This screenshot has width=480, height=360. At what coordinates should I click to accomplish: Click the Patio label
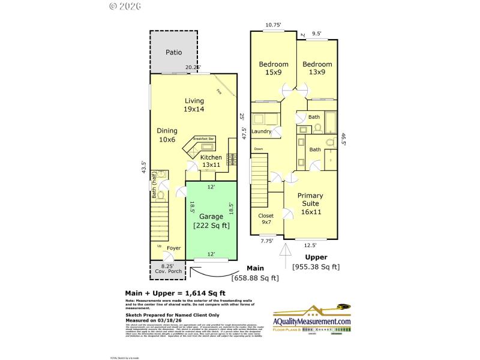173,52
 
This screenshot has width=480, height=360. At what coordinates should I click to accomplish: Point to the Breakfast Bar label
203,139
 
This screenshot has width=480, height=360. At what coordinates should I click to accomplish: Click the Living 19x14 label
194,105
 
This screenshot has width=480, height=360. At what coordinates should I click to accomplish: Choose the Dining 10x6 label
167,134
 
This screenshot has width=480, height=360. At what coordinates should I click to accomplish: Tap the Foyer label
173,248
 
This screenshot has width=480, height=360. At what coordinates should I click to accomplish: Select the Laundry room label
262,131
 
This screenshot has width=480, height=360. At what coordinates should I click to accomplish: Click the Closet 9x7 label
266,219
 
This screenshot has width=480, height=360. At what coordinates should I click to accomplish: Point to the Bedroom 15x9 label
274,68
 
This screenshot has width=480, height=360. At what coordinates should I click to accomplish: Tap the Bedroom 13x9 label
317,68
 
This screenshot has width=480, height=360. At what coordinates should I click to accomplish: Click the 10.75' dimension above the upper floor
273,25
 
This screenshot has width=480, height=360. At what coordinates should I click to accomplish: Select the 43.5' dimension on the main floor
143,167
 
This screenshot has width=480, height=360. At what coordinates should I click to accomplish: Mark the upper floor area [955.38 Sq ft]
316,267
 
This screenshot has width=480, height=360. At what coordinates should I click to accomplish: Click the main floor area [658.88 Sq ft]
255,277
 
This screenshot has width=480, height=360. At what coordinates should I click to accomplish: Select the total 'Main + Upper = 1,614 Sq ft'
172,293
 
